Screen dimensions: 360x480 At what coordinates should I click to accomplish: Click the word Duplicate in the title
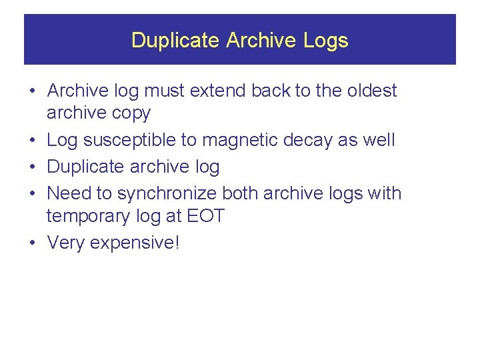tap(175, 40)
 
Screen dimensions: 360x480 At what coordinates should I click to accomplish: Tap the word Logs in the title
tap(326, 40)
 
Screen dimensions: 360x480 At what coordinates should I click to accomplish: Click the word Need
tap(69, 193)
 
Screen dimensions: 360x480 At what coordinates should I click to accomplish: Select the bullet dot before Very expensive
tap(32, 243)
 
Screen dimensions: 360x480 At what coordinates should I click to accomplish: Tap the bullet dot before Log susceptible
tap(32, 140)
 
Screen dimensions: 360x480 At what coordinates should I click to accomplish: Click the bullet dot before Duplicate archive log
tap(32, 167)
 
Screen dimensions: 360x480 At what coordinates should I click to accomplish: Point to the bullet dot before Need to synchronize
tap(32, 193)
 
